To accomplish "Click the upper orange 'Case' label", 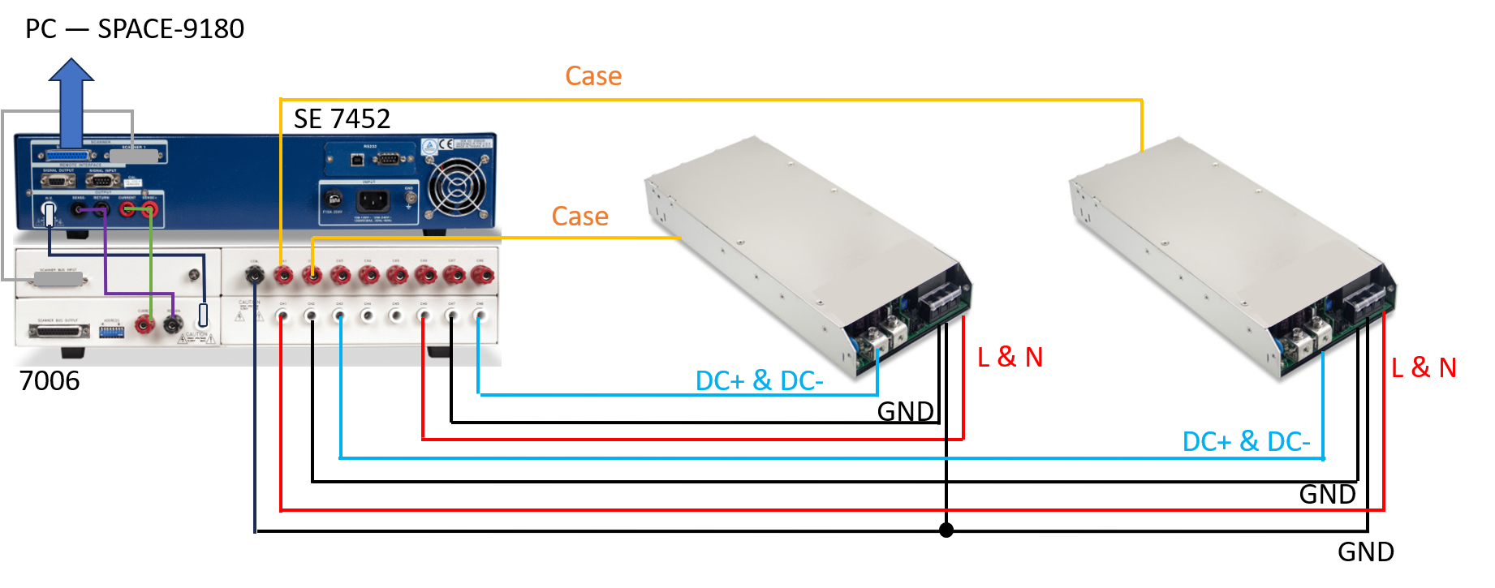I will pyautogui.click(x=593, y=76).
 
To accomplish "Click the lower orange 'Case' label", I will pyautogui.click(x=579, y=217).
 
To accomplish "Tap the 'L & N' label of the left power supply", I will pyautogui.click(x=1010, y=357).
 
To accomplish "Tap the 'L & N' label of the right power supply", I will pyautogui.click(x=1424, y=367).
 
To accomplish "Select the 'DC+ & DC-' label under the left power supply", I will pyautogui.click(x=759, y=380).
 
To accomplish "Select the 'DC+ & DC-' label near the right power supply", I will pyautogui.click(x=1246, y=442).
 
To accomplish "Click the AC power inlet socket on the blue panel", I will pyautogui.click(x=373, y=200).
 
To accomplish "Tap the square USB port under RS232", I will pyautogui.click(x=355, y=158).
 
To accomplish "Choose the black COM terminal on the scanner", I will pyautogui.click(x=254, y=276).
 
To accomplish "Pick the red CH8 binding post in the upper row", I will pyautogui.click(x=482, y=276).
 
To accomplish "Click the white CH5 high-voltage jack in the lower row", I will pyautogui.click(x=395, y=315).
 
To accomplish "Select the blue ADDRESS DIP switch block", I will pyautogui.click(x=111, y=331).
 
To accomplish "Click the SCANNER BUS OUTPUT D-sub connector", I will pyautogui.click(x=58, y=331).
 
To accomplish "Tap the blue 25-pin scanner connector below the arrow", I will pyautogui.click(x=69, y=156).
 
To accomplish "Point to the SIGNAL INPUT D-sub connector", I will pyautogui.click(x=102, y=180).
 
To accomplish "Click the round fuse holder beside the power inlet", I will pyautogui.click(x=333, y=199).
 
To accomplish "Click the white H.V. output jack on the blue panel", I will pyautogui.click(x=49, y=214).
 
